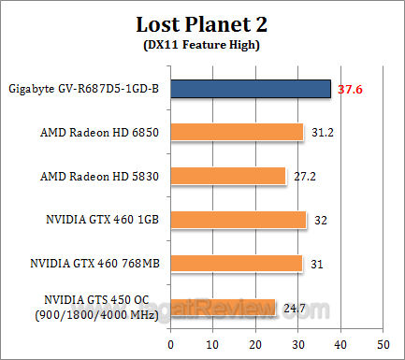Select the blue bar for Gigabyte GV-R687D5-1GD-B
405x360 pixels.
(251, 89)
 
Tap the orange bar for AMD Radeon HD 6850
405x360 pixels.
(238, 132)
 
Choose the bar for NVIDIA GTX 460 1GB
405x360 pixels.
(239, 219)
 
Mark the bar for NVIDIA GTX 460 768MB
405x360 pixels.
(238, 263)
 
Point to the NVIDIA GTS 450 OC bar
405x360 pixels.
(224, 307)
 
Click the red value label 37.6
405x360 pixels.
(351, 89)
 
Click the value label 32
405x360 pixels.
(322, 219)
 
